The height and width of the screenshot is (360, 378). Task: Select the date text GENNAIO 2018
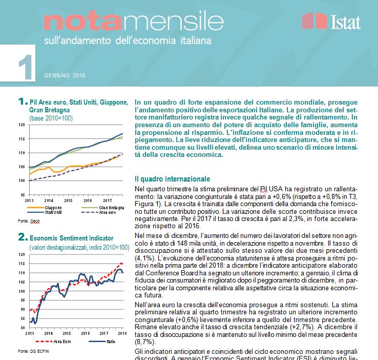tap(64, 75)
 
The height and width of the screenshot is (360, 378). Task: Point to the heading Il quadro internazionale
tap(172, 179)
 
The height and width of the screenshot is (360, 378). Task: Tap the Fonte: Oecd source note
tap(29, 221)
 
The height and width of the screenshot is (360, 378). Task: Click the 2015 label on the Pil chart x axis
tap(68, 200)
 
